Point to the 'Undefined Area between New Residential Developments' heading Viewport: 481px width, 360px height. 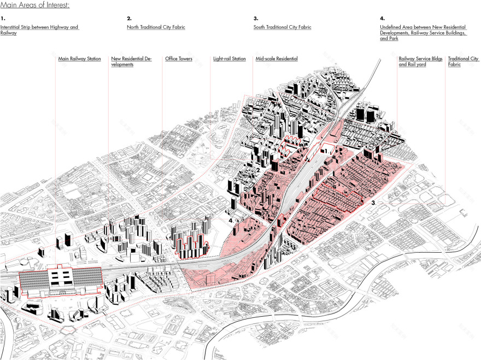coord(424,33)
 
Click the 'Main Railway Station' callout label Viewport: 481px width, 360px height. coord(79,59)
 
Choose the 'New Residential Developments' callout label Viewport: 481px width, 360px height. coord(131,61)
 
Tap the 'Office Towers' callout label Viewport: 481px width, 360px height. coord(178,59)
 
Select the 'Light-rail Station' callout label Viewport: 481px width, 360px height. coord(229,59)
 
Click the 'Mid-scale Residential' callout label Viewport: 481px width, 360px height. coord(276,59)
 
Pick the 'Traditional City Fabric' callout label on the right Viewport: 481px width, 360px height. coord(462,61)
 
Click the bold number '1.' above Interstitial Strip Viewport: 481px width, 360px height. coord(3,19)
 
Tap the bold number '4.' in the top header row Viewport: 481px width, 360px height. coord(382,19)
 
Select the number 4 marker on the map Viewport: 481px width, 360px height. coord(231,220)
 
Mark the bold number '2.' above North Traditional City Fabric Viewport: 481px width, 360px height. coord(129,19)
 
